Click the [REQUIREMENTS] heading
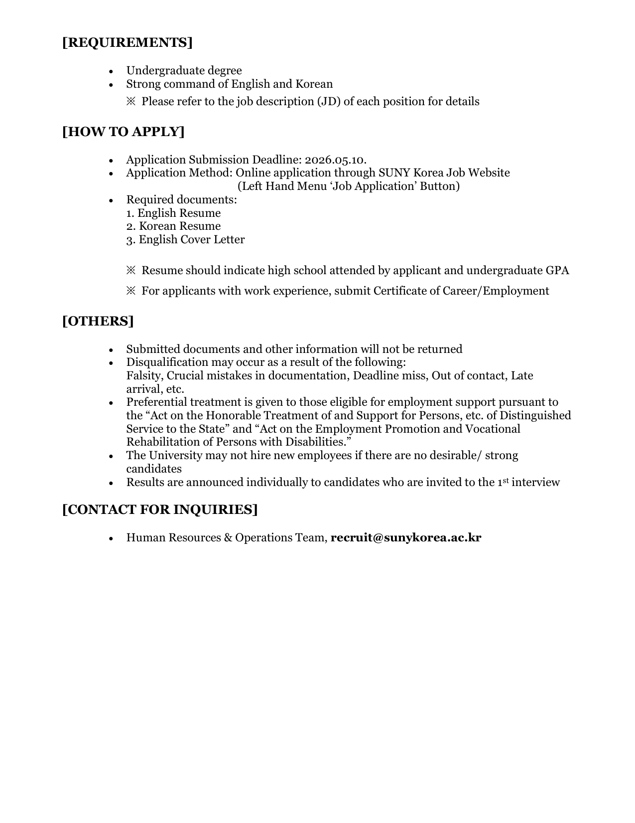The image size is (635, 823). point(127,42)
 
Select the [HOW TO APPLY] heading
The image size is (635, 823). point(123,132)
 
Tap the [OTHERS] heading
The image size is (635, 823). point(98,321)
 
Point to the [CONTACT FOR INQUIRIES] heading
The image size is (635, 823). point(160,509)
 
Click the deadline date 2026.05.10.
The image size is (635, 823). point(335,160)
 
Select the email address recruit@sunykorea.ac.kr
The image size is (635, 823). point(405,538)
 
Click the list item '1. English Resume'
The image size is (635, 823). point(173,213)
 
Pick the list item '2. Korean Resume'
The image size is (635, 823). point(173,226)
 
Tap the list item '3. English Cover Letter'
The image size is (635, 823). point(185,240)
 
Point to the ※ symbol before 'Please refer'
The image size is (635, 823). point(131,102)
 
